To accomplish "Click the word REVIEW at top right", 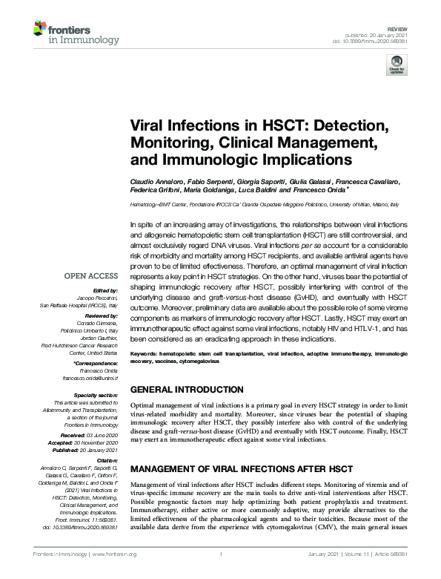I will point(398,27).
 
